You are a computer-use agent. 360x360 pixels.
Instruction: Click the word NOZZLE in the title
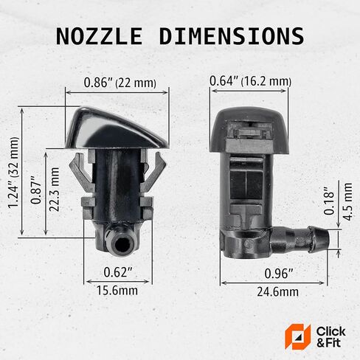(99, 36)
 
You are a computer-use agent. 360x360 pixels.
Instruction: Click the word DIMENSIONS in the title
(232, 36)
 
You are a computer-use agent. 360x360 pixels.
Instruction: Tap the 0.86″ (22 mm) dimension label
(120, 83)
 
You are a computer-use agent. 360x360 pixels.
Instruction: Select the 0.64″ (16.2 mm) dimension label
(250, 81)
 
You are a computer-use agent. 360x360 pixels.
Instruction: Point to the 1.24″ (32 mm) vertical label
(13, 173)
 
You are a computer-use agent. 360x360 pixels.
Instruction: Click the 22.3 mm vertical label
(54, 190)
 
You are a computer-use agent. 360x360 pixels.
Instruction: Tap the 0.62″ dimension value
(118, 272)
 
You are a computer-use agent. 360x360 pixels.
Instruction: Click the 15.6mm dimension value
(117, 291)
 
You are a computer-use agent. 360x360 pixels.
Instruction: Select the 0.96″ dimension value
(279, 273)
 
